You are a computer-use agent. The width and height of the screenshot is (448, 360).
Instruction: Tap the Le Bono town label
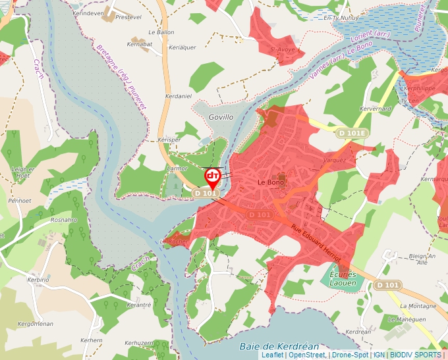pos(270,182)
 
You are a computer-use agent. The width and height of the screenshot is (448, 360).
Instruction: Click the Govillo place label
pos(221,117)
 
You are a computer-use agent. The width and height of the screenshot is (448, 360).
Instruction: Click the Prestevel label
pos(128,18)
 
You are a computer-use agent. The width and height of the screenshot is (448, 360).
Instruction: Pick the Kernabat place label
pos(138,44)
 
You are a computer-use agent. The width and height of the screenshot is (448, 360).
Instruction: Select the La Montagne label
pos(418,306)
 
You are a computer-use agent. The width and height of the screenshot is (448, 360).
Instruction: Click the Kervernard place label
pos(377,108)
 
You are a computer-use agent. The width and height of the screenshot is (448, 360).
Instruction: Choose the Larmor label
pos(177,169)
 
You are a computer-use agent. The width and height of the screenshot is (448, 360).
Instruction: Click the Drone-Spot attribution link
pos(350,355)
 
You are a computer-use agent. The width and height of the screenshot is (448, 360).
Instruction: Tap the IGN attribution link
pos(379,355)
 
